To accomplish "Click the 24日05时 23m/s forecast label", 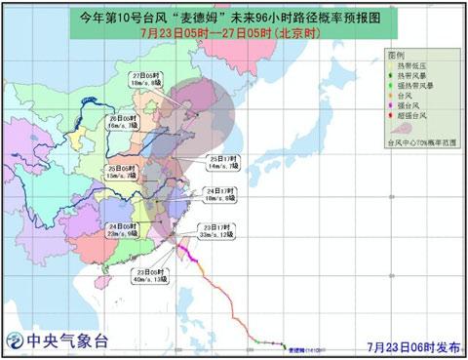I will (x=126, y=231).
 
